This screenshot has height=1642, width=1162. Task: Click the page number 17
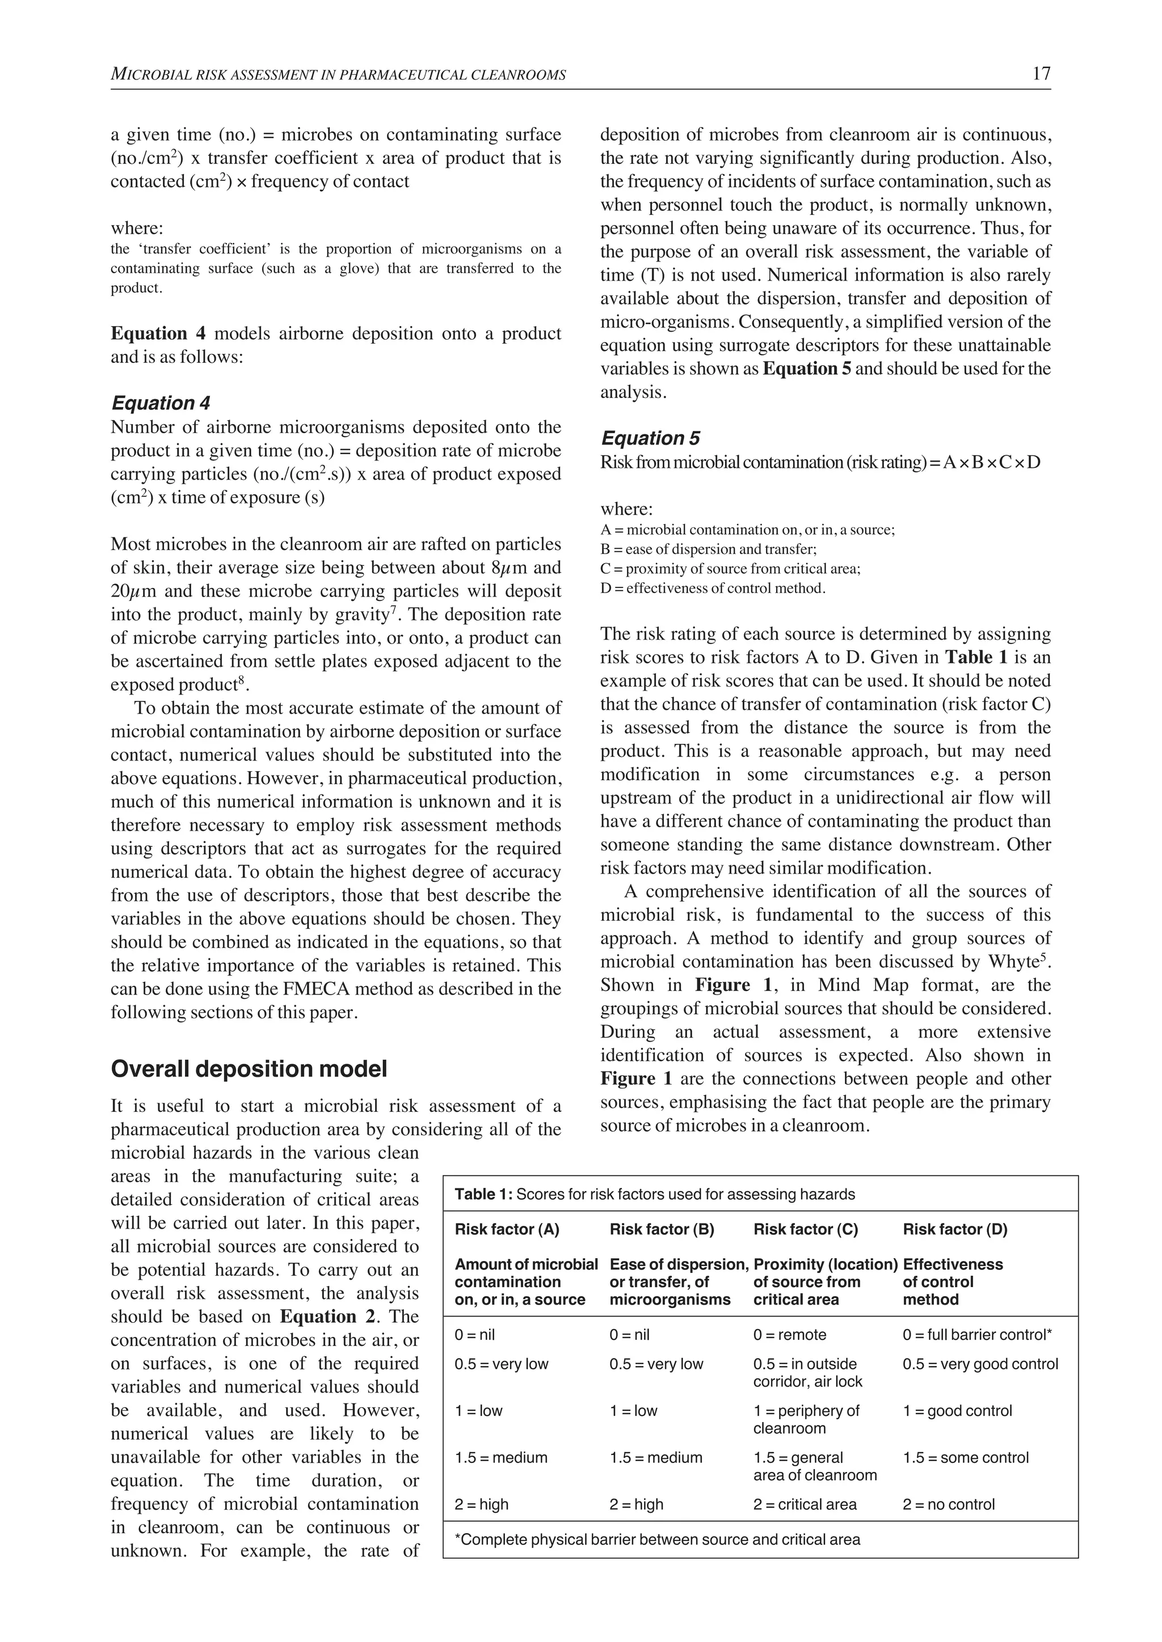[x=1041, y=74]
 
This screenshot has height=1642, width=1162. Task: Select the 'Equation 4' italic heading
[x=160, y=403]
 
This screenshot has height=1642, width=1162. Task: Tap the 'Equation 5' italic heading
[x=650, y=438]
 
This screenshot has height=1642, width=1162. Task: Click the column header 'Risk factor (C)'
[x=805, y=1229]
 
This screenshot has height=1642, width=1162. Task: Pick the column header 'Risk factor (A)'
[x=507, y=1229]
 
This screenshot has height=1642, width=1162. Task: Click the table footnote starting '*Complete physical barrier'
[x=657, y=1540]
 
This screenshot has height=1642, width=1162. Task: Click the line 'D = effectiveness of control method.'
[x=713, y=589]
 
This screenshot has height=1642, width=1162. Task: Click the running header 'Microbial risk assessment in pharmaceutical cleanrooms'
[x=338, y=74]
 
